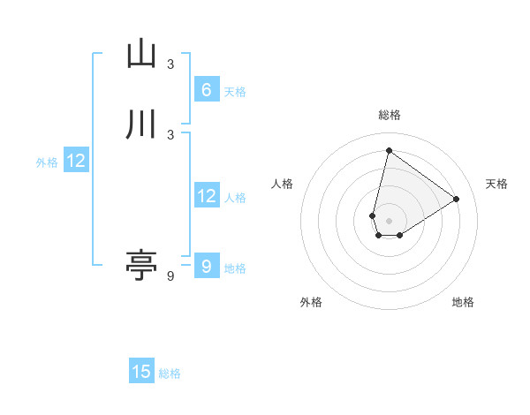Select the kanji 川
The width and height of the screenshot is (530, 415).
coord(141,124)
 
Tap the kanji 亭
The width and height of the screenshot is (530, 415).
coord(141,265)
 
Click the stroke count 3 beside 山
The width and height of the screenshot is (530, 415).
coord(170,64)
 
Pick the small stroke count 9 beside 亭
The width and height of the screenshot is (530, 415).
coord(170,276)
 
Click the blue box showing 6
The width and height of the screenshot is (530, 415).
coord(206,89)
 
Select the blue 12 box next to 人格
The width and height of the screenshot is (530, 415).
coord(206,196)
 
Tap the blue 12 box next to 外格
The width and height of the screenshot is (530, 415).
coord(76,161)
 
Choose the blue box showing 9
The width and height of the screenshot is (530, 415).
coord(206,265)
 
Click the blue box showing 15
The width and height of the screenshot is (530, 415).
coord(141,372)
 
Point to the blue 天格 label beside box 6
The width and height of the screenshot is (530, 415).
coord(235,91)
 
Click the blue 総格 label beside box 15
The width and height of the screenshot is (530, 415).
coord(170,373)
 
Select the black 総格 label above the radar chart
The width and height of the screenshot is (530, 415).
coord(389,115)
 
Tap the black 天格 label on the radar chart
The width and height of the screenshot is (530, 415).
coord(496,184)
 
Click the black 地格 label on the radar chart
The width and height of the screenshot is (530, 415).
coord(463,302)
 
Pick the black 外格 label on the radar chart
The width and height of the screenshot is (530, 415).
coord(311,302)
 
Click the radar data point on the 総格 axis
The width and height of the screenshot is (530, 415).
coord(389,150)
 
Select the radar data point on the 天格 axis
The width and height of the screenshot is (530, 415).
coord(456,199)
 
